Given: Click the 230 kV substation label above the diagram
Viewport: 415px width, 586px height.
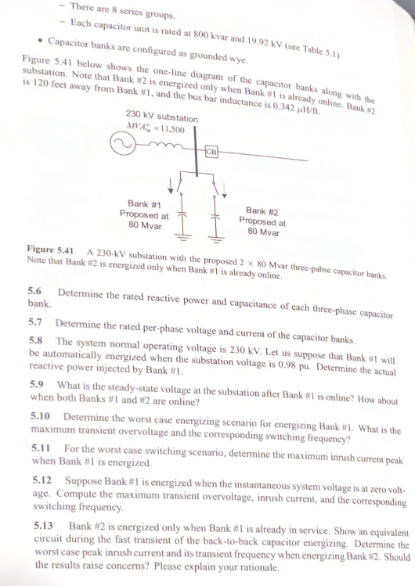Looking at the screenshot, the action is click(x=162, y=117).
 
